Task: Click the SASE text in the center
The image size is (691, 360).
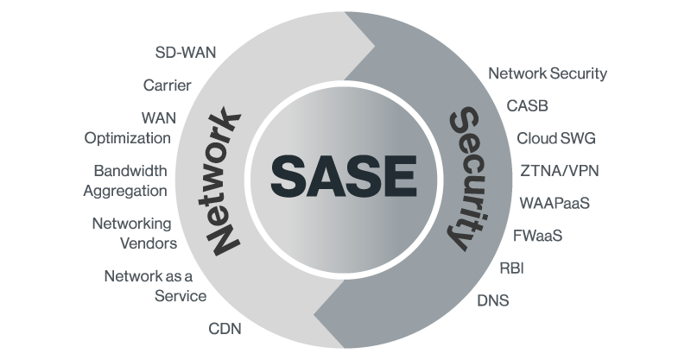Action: click(x=344, y=175)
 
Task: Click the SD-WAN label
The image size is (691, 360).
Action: click(x=185, y=52)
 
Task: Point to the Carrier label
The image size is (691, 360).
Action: click(x=167, y=85)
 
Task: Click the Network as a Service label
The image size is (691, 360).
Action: click(x=155, y=286)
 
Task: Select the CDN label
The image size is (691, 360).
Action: click(x=225, y=329)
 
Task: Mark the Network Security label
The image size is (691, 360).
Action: click(x=548, y=73)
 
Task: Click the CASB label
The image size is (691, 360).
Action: click(x=527, y=106)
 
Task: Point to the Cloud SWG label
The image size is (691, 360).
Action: click(x=555, y=138)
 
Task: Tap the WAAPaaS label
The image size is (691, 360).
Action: click(x=555, y=203)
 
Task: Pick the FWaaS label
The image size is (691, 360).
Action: click(x=537, y=235)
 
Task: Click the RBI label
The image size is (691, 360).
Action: click(x=511, y=268)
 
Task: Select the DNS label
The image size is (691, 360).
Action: click(x=493, y=300)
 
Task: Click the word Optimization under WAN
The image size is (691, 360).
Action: click(x=127, y=137)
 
